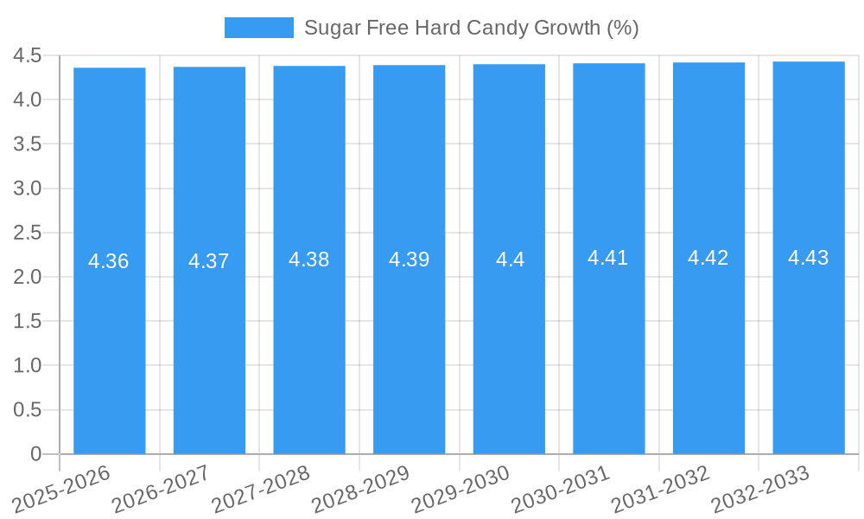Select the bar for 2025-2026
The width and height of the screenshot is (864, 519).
click(x=109, y=346)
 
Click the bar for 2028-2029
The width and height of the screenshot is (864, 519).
click(x=409, y=346)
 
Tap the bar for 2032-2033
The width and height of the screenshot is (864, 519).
click(x=809, y=346)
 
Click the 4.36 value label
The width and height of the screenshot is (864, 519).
click(x=109, y=261)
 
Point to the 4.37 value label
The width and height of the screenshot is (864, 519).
click(x=209, y=261)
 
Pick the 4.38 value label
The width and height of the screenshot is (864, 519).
click(x=309, y=259)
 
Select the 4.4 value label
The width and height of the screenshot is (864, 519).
click(x=510, y=259)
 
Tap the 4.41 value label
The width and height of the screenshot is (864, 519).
click(x=608, y=258)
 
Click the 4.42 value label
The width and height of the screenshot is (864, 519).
click(x=708, y=258)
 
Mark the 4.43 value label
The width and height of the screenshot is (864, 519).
click(x=809, y=258)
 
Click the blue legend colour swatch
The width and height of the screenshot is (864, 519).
click(x=258, y=28)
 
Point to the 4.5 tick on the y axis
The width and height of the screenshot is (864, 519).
click(x=28, y=56)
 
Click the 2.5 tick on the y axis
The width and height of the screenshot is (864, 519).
click(x=28, y=233)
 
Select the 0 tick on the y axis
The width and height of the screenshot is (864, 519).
click(x=35, y=454)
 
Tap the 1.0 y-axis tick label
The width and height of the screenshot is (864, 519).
click(x=28, y=366)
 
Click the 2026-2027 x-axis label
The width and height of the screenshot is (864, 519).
click(x=162, y=489)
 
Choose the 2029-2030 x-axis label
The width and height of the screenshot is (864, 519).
click(x=461, y=489)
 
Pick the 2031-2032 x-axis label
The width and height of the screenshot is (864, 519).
click(x=660, y=489)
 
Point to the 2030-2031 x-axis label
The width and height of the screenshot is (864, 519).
click(x=561, y=489)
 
